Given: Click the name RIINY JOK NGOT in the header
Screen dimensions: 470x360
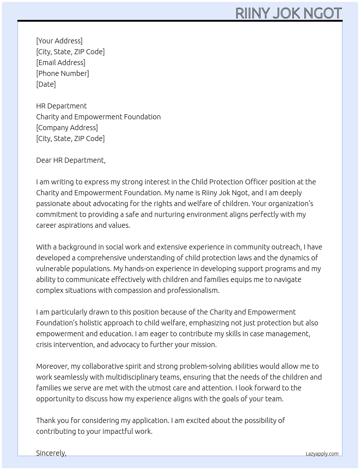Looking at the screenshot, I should (288, 13).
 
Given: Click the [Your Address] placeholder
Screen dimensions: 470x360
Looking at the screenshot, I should (59, 41).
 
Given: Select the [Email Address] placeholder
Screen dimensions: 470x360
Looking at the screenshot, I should (61, 63).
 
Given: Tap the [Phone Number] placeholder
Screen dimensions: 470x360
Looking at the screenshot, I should (63, 73).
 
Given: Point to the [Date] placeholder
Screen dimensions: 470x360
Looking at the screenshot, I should (46, 84).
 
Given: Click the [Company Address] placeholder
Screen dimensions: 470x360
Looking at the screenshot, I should (67, 128).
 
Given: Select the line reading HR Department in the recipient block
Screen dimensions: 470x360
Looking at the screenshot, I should (61, 106).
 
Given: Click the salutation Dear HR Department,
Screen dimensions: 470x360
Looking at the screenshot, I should (71, 160).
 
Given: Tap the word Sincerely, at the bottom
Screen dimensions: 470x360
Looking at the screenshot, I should (51, 453).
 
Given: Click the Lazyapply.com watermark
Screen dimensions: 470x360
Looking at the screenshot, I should (322, 454).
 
